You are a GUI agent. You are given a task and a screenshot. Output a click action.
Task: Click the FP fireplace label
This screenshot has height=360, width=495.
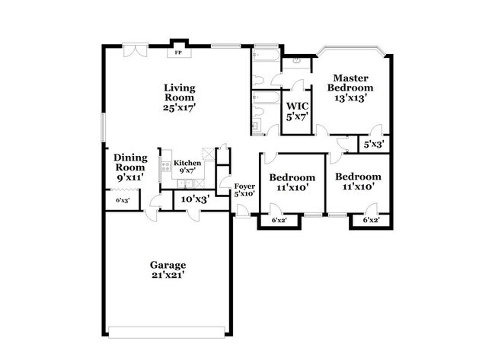[x=179, y=53]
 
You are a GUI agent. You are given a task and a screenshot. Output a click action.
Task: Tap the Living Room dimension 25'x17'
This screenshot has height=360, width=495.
[x=179, y=108]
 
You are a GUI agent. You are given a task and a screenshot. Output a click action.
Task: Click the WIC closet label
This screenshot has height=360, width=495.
[x=295, y=106]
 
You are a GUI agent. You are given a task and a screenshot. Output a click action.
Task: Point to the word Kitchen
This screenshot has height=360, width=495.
[x=187, y=163]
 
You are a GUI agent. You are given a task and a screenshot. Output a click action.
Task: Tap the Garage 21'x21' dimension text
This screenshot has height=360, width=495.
[x=168, y=276]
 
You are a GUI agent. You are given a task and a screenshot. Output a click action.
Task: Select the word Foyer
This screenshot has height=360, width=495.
[x=244, y=185]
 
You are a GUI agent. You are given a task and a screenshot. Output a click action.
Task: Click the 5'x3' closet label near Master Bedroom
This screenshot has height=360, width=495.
[x=373, y=143]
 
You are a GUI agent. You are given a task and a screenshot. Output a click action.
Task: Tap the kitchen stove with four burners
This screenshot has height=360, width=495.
[x=166, y=162]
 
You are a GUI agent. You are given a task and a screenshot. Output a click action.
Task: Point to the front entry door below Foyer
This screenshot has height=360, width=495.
[x=242, y=209]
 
